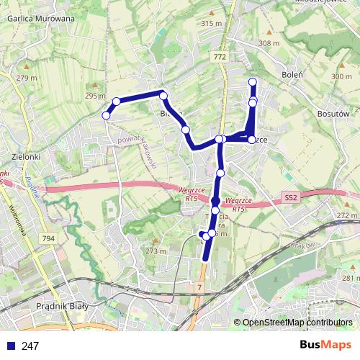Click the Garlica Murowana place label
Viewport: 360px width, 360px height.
(x=40, y=19)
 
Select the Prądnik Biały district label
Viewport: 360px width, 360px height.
(x=63, y=306)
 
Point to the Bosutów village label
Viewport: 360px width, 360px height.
(x=333, y=113)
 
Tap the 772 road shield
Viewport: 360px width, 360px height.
(x=220, y=56)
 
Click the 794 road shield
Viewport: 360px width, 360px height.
(x=48, y=239)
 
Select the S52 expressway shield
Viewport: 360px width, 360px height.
(x=290, y=196)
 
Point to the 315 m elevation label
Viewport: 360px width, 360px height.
(x=212, y=24)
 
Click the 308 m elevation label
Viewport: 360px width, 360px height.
(x=269, y=43)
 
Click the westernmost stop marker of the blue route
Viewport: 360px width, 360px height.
(x=107, y=115)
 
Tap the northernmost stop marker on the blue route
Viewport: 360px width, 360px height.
(x=253, y=81)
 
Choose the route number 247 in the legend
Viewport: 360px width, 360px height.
(x=30, y=346)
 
